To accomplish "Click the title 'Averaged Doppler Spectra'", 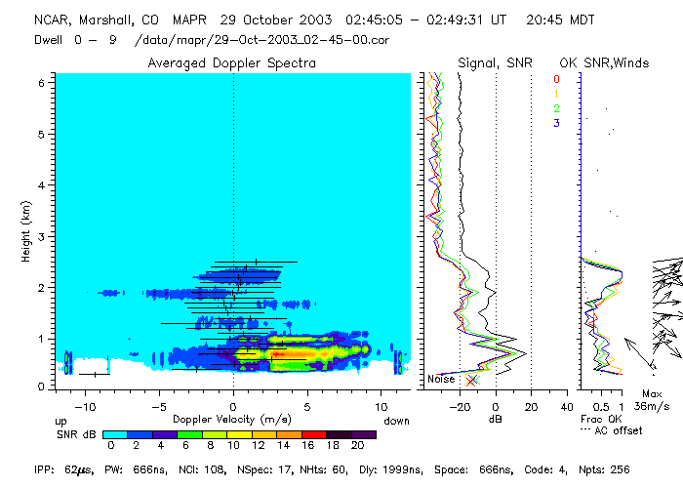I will pos(231,62).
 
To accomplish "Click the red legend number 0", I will pos(556,79).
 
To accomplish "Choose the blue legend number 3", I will pos(556,123).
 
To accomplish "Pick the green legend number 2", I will pos(556,108).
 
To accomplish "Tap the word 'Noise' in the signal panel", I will pos(441,379).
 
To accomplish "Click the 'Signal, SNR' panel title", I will pos(497,62).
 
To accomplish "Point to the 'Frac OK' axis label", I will pos(598,418).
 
